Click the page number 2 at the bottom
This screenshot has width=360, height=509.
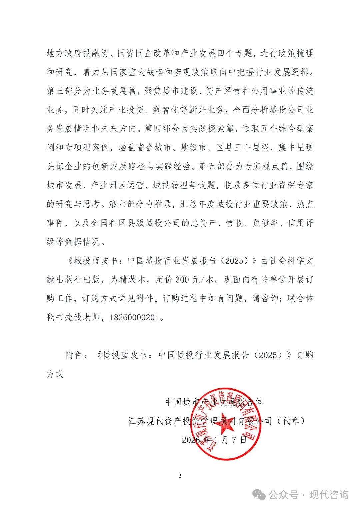(180, 476)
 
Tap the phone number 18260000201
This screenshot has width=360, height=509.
(134, 317)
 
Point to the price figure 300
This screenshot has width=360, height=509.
(182, 279)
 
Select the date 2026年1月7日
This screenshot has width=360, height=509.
(214, 440)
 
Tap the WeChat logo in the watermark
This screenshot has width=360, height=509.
(259, 495)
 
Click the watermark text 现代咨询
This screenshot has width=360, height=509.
(329, 495)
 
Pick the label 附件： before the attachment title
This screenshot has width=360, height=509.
(77, 355)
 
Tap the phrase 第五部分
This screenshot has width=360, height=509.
(217, 166)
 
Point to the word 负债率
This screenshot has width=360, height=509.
(265, 223)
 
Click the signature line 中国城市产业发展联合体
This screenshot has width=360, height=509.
(214, 402)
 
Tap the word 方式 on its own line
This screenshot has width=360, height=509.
(55, 374)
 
